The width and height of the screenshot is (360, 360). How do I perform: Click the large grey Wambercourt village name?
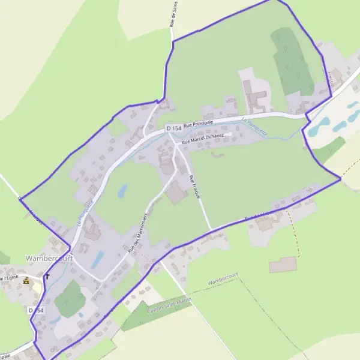pyautogui.click(x=49, y=258)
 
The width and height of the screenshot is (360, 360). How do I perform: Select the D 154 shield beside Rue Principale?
pyautogui.click(x=174, y=128)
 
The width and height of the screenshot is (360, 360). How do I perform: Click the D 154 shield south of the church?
pyautogui.click(x=35, y=310)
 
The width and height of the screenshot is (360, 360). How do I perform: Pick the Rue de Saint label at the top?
pyautogui.click(x=172, y=14)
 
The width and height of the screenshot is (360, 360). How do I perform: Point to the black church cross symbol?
pyautogui.click(x=47, y=277)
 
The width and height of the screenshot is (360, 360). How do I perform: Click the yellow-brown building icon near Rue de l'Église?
pyautogui.click(x=26, y=280)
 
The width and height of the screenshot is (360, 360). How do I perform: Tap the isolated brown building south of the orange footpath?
pyautogui.click(x=283, y=265)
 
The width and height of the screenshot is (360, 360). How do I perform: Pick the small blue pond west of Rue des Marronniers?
pyautogui.click(x=122, y=191)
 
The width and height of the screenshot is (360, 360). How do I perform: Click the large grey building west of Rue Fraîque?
pyautogui.click(x=176, y=194)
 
